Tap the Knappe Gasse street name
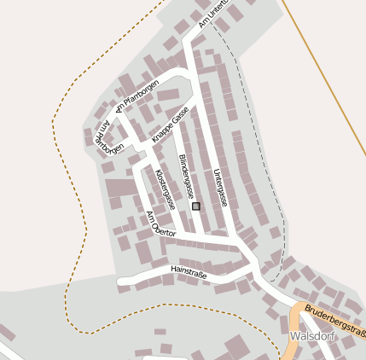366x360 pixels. [170, 125]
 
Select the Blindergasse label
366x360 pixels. [186, 176]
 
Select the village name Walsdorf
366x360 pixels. [311, 337]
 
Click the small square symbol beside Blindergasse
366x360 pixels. [196, 206]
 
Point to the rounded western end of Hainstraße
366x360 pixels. [122, 281]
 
